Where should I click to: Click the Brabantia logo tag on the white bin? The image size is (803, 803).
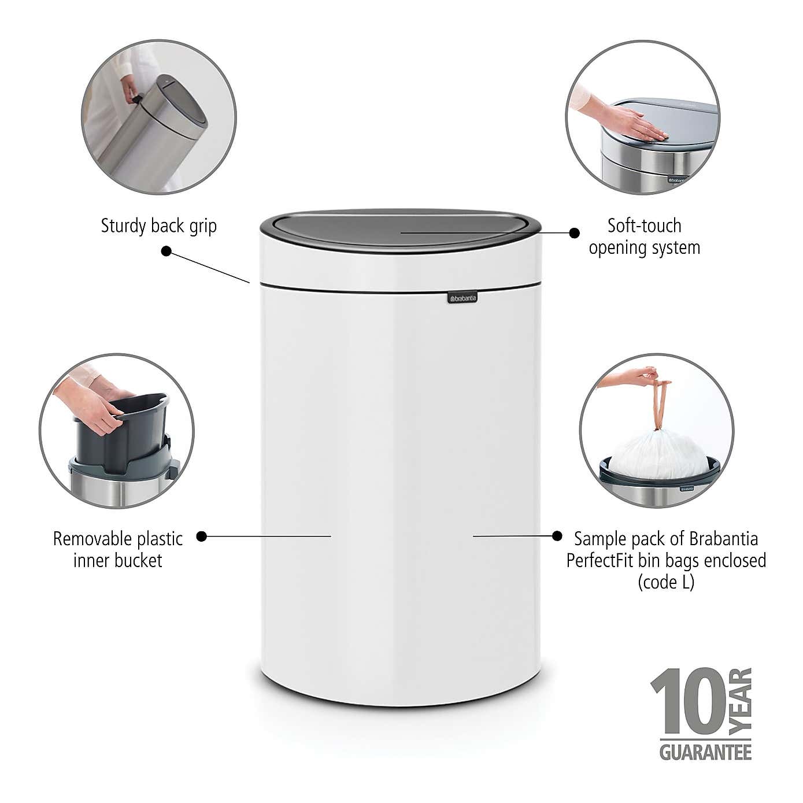click(x=461, y=298)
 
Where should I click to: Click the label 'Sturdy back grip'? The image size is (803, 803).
click(x=158, y=225)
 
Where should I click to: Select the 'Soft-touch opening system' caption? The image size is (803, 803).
click(x=644, y=236)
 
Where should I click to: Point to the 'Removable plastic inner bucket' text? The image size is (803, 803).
click(x=118, y=549)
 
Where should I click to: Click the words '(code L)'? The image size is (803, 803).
click(x=666, y=582)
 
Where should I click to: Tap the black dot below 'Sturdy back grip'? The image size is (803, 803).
click(x=166, y=251)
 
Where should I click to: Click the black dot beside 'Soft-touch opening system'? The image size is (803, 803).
click(x=574, y=232)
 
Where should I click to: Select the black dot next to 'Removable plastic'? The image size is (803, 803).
click(x=201, y=536)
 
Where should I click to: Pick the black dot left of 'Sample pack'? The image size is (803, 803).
click(x=557, y=536)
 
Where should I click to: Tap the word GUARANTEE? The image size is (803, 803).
click(x=705, y=752)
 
